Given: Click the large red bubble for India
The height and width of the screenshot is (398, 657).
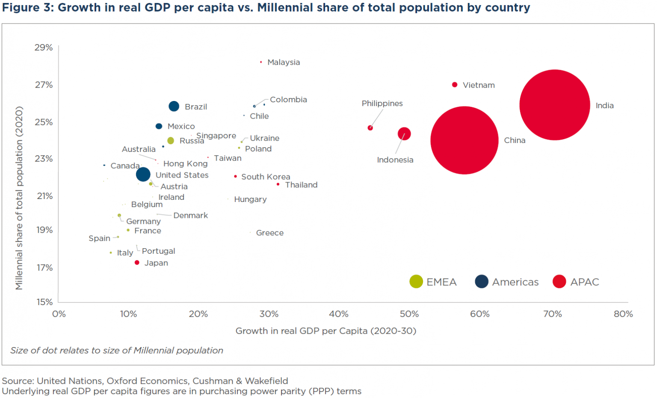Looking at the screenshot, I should tap(555, 105).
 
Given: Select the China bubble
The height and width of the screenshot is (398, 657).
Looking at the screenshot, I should tap(465, 140).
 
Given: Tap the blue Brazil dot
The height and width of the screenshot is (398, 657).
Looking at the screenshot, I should tap(174, 106).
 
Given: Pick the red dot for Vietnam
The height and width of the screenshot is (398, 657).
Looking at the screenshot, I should tap(455, 85).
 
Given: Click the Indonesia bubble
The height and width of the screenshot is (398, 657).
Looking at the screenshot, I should tap(404, 134).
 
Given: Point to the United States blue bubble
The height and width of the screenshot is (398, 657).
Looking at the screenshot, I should tap(143, 174).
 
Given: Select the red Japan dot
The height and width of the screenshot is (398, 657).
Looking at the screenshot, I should tap(137, 262).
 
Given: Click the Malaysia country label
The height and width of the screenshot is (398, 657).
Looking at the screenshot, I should tap(284, 62).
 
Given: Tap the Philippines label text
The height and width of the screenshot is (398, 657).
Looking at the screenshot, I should tap(382, 104).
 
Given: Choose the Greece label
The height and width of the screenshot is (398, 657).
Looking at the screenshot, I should tap(269, 233).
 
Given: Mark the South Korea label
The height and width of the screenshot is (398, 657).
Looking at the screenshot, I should tap(266, 177).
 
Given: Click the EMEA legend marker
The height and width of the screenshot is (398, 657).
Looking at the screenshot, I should tap(416, 282).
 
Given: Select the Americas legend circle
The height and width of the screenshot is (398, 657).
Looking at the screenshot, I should tap(482, 282).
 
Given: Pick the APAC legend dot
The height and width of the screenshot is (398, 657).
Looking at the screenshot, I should tap(559, 282).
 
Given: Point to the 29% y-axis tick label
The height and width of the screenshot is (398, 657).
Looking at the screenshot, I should tap(44, 48).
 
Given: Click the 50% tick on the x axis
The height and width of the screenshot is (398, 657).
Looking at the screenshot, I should tap(409, 314).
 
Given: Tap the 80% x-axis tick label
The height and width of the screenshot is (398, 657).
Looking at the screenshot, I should tap(623, 314).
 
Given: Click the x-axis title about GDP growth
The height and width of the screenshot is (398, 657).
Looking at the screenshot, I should tap(326, 331).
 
